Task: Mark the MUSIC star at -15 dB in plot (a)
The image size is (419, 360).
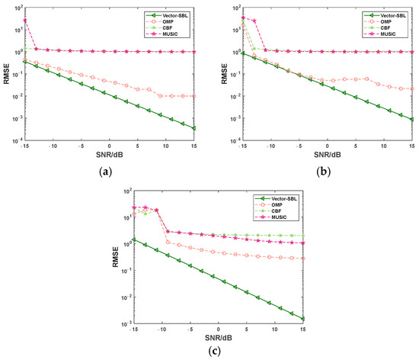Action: click(25, 21)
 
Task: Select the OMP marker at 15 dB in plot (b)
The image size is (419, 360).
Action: click(411, 88)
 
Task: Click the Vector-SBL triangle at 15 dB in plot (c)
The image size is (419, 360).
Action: click(302, 319)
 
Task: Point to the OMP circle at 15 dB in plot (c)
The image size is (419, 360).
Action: click(302, 259)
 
